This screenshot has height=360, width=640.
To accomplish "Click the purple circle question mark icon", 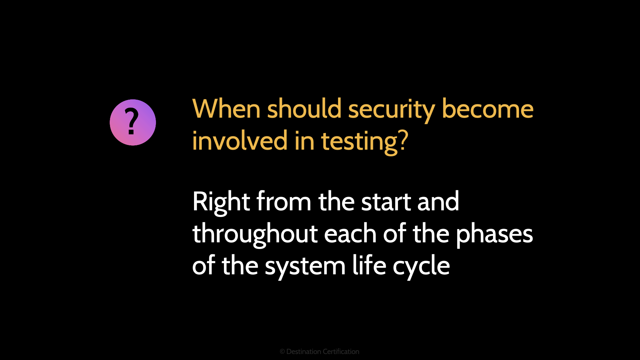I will [133, 122].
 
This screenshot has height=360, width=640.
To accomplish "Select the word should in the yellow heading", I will [304, 109].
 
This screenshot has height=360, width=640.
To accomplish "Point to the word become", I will [487, 109].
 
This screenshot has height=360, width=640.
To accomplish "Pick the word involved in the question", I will [240, 141].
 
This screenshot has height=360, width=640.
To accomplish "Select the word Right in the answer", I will [221, 202].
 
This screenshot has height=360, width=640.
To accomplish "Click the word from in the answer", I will [284, 202].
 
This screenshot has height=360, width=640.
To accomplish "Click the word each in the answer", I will [350, 234].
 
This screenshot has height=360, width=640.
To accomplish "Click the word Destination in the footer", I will [304, 352].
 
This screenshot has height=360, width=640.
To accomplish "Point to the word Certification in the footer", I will [341, 352].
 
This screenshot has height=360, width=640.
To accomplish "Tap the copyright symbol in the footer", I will [282, 352].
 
